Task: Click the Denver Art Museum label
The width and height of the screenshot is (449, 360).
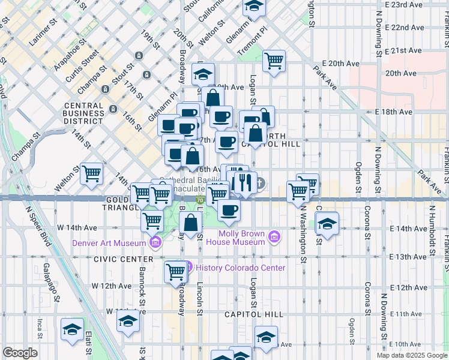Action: [109, 243]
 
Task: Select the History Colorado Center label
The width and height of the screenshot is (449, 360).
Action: [240, 268]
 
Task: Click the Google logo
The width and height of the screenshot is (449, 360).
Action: [20, 353]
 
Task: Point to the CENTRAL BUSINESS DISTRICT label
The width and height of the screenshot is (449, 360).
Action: [83, 113]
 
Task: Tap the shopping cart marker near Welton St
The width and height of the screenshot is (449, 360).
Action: [92, 173]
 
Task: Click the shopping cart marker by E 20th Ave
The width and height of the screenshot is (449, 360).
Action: [274, 60]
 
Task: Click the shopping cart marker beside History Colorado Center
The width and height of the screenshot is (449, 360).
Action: [176, 271]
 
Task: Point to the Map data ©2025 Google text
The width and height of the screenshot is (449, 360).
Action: [411, 355]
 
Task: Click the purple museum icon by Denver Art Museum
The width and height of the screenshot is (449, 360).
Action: [155, 242]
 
